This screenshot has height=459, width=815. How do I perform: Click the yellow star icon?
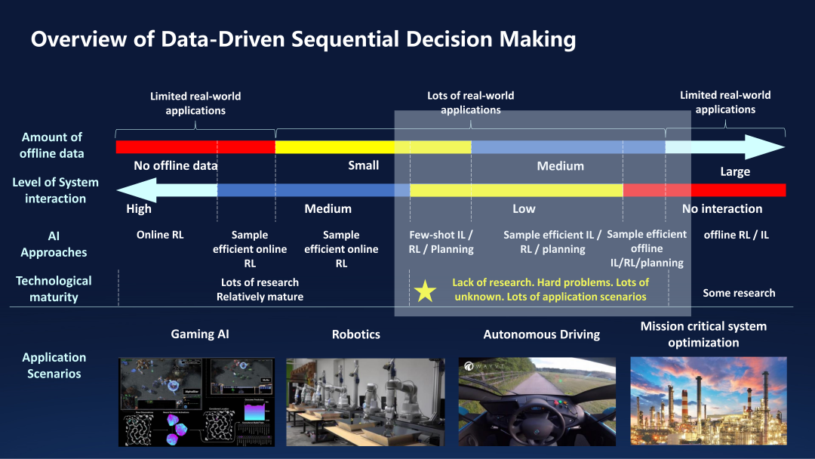[x=426, y=291]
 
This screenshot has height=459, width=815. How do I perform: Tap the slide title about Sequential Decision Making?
[x=303, y=39]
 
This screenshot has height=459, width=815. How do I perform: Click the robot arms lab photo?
[x=365, y=401]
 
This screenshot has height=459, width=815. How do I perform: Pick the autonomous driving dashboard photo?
[x=537, y=401]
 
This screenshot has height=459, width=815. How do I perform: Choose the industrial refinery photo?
[x=708, y=401]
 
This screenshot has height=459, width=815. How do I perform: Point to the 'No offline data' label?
[x=175, y=165]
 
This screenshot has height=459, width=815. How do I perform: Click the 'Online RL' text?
[x=160, y=235]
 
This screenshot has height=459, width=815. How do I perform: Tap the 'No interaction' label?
[x=722, y=208]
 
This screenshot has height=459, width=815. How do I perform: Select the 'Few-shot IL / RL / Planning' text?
[x=441, y=242]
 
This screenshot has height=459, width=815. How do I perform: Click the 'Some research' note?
[x=739, y=293]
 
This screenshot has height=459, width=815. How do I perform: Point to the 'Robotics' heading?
[x=356, y=334]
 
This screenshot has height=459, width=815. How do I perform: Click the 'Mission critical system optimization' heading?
[x=703, y=334]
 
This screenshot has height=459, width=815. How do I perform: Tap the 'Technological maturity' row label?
[x=54, y=288]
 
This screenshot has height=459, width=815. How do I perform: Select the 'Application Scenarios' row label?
[x=54, y=365]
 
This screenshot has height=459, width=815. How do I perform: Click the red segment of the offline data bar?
[x=195, y=146]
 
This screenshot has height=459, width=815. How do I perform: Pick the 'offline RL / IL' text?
[x=736, y=235]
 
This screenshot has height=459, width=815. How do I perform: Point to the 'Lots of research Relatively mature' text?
[x=260, y=289]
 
